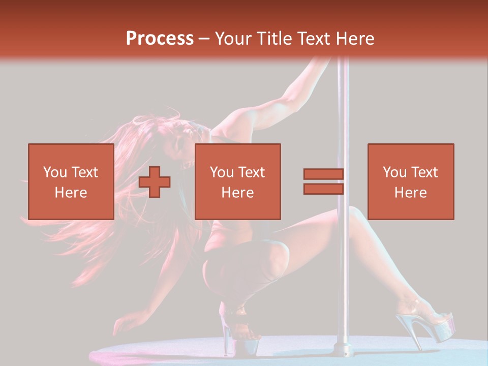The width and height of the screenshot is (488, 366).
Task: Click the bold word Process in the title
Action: (160, 39)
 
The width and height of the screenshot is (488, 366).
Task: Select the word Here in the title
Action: (354, 39)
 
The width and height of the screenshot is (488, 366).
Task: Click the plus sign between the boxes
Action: (154, 182)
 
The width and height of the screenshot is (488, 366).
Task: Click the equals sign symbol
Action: (323, 182)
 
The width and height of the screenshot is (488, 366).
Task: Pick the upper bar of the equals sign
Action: (323, 174)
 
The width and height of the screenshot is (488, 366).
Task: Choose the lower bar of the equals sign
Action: (323, 189)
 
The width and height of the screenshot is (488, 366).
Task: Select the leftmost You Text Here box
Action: (71, 181)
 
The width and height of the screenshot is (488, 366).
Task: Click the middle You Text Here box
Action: (237, 181)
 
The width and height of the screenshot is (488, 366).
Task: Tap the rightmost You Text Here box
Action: (410, 181)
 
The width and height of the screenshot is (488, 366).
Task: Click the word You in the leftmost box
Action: (54, 172)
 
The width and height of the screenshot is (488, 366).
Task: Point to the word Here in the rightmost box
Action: (410, 192)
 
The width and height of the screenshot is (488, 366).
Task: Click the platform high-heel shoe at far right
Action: (432, 325)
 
